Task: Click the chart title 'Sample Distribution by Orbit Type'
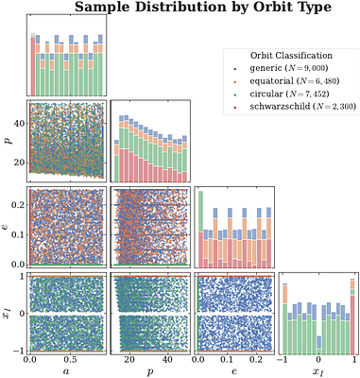coord(202,9)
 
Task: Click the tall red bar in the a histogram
coord(33,66)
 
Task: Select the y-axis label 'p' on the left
coord(8,140)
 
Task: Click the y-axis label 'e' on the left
coord(8,227)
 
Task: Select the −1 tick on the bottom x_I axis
coord(283,359)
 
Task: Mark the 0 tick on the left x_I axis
coord(24,312)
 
